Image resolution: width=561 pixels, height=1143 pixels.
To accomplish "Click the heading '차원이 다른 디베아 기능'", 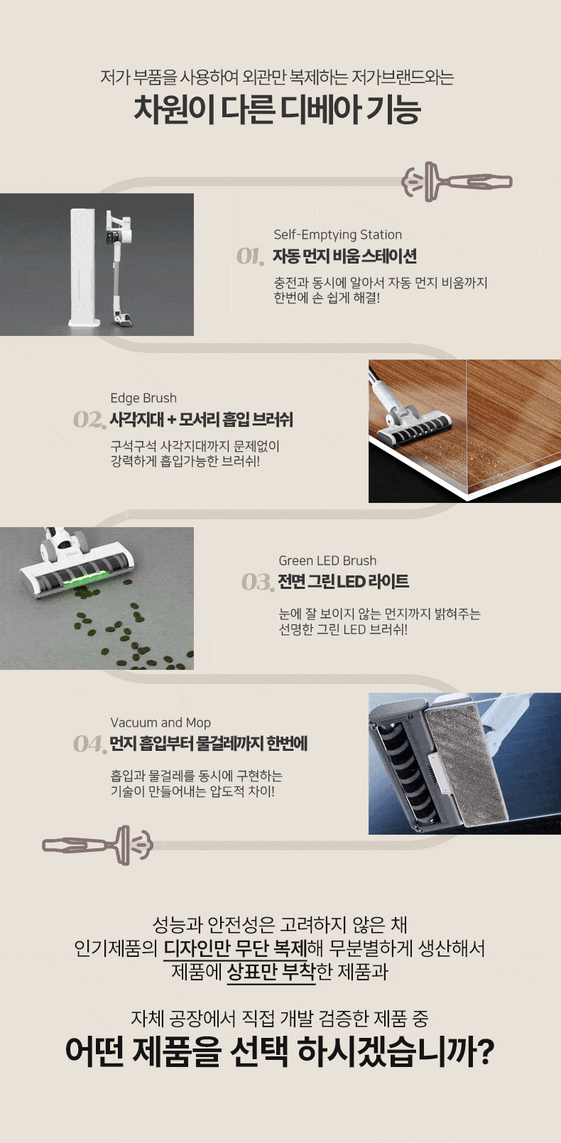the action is [277, 109].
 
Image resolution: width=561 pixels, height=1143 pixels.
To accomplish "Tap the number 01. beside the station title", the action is [251, 256].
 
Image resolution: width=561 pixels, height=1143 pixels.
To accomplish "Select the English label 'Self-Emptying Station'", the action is [337, 234].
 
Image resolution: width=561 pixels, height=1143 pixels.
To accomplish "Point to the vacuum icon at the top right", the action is [457, 181].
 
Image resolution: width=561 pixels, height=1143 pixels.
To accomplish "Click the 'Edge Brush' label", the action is [143, 398].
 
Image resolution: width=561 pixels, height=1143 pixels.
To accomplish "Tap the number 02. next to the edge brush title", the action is [89, 420].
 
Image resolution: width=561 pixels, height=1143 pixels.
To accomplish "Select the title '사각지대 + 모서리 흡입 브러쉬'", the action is [202, 419].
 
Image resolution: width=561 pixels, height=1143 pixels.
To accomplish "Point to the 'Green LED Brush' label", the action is [327, 560].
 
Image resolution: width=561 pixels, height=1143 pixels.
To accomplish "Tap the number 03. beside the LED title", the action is [258, 582].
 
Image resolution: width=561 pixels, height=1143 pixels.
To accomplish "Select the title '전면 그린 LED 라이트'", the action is [343, 581].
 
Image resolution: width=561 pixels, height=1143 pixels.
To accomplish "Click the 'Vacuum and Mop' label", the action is [160, 722].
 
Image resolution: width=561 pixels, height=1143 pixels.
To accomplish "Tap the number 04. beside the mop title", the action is [89, 744].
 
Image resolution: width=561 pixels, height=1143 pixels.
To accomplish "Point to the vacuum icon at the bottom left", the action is [97, 845].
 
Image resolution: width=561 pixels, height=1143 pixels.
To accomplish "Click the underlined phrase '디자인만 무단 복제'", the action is [235, 948].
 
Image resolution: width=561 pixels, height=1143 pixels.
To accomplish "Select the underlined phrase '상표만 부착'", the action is [271, 972].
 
